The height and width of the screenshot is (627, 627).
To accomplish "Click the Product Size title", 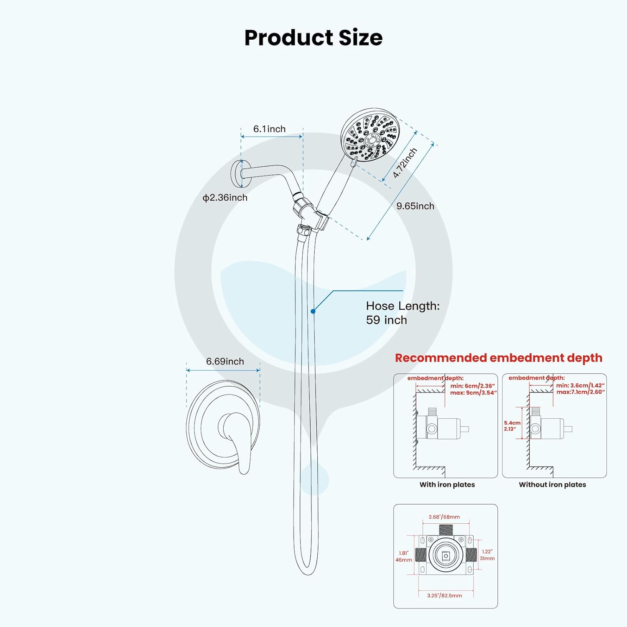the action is tap(313, 38).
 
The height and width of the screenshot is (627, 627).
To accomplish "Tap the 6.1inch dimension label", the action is tap(269, 129).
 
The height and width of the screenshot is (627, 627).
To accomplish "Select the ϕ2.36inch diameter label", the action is tap(225, 198).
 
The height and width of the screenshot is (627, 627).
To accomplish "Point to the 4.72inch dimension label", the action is tap(405, 163).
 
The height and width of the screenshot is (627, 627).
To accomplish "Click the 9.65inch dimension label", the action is tap(415, 206).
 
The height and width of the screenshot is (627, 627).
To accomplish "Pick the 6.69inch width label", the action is tap(225, 362).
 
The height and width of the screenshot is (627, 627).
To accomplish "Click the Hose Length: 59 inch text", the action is tap(403, 313).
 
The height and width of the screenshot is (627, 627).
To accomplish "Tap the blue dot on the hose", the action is tap(313, 311).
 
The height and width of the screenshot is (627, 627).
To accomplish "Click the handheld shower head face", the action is tap(369, 136).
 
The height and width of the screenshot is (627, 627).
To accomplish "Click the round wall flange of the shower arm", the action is tap(237, 174).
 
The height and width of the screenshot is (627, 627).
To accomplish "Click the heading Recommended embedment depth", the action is tap(499, 358).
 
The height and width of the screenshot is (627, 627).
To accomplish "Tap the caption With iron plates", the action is tap(447, 485).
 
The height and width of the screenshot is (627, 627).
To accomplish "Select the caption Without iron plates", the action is tap(552, 485).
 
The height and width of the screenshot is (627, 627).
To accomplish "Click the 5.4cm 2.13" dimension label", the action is tap(512, 426).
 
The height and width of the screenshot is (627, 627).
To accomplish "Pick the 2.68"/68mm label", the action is tap(444, 517).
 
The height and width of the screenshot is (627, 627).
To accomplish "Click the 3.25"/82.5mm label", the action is tap(444, 596).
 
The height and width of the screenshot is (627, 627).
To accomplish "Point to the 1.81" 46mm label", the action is tap(404, 556).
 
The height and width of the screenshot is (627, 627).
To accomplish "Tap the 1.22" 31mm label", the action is tap(487, 555).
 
